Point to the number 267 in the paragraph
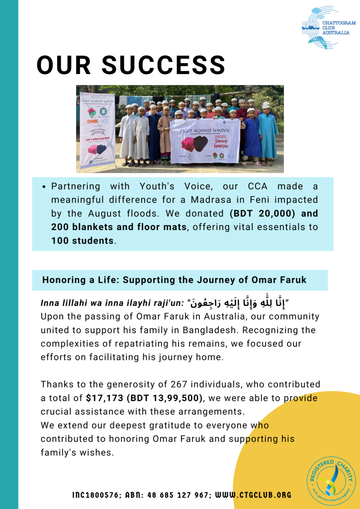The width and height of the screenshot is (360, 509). click(x=194, y=384)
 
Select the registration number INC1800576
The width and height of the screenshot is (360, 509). click(x=98, y=495)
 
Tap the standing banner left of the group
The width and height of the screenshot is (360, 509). click(x=97, y=129)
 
